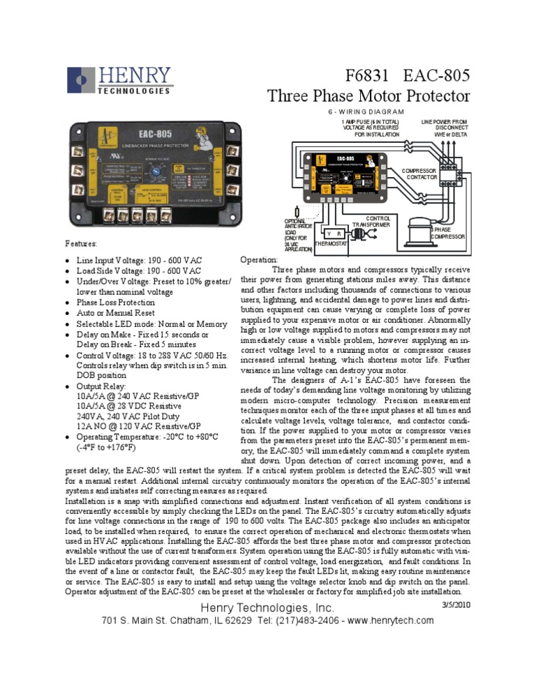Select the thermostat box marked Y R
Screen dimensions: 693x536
(x=330, y=234)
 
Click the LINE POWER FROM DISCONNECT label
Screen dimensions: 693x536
(x=445, y=128)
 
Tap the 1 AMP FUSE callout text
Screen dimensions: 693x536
(x=371, y=128)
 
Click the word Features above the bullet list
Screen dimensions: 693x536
(x=81, y=245)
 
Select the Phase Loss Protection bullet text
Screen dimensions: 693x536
(x=115, y=303)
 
